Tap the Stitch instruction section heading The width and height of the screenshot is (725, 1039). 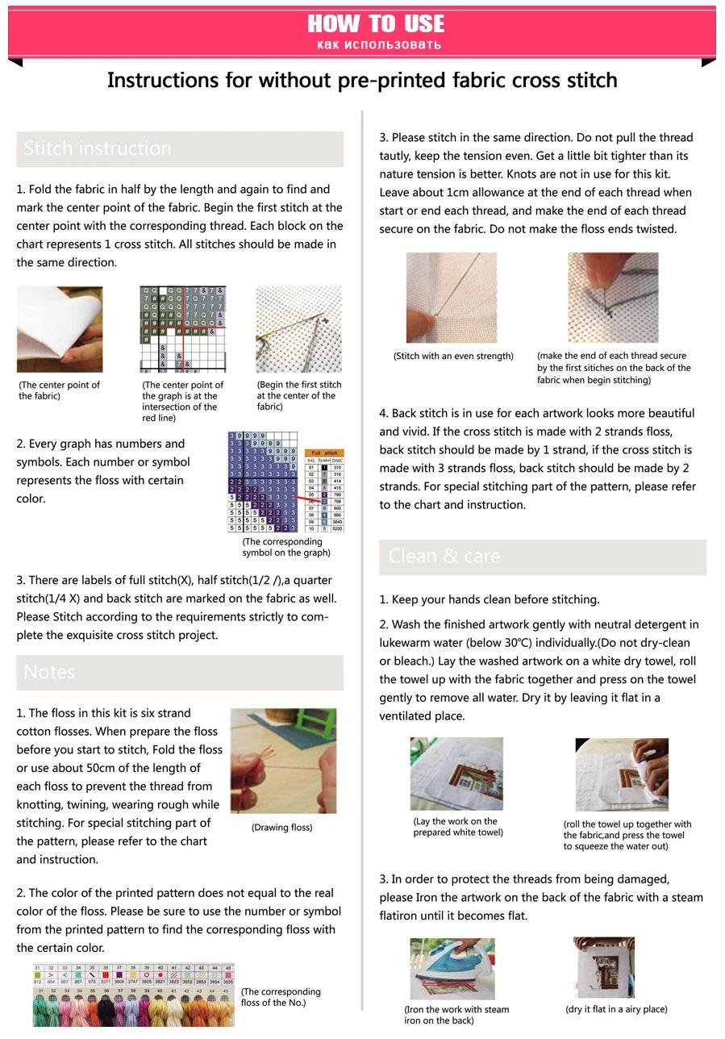click(x=98, y=148)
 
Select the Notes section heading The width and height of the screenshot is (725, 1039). click(x=50, y=672)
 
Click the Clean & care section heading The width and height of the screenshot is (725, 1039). click(x=444, y=556)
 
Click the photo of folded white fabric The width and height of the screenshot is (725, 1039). click(x=60, y=329)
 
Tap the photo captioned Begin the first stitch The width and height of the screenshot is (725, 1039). click(x=298, y=329)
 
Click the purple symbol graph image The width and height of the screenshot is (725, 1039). click(x=263, y=482)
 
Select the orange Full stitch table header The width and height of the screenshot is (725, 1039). click(x=325, y=454)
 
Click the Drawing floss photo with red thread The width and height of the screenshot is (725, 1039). click(x=283, y=761)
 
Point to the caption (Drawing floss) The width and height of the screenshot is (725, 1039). click(x=281, y=827)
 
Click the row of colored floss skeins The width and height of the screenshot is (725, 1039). click(x=133, y=1006)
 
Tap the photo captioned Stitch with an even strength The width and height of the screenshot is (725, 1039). click(x=452, y=298)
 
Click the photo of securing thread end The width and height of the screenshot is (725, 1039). click(x=613, y=298)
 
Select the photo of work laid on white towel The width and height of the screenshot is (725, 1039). click(x=456, y=774)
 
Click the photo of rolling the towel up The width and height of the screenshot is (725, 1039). click(x=622, y=774)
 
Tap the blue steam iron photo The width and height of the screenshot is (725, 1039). click(x=452, y=968)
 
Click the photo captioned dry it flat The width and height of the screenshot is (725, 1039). click(x=604, y=967)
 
